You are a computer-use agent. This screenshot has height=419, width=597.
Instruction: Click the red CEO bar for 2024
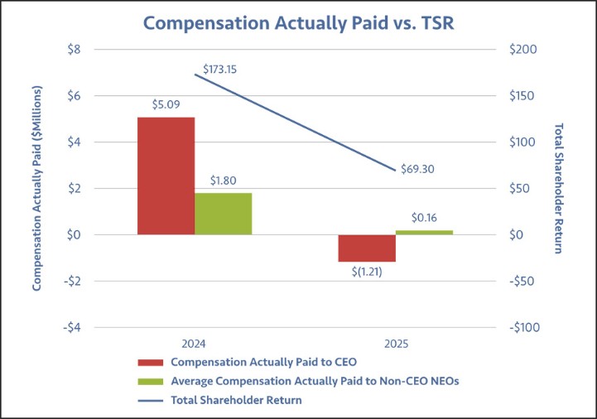tap(166, 176)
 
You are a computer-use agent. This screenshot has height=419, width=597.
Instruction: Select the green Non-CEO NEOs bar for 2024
tap(224, 214)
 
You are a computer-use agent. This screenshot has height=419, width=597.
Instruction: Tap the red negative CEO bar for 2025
tap(367, 248)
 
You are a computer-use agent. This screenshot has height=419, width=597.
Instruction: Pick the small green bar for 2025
tap(424, 232)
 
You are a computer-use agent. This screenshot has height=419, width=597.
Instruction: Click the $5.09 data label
tap(166, 105)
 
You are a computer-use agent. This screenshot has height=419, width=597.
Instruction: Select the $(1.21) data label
tap(367, 272)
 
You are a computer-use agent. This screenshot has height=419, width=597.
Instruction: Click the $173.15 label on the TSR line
tap(220, 69)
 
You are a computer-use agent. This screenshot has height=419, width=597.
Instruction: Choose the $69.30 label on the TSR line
tap(417, 169)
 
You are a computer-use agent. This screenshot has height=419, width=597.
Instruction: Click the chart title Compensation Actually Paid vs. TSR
tap(298, 22)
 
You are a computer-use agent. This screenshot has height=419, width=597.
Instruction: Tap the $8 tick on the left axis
tap(74, 50)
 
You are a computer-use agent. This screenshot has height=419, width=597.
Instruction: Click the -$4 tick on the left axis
tap(72, 327)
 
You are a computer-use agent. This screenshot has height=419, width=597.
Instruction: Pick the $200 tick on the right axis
tap(523, 50)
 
